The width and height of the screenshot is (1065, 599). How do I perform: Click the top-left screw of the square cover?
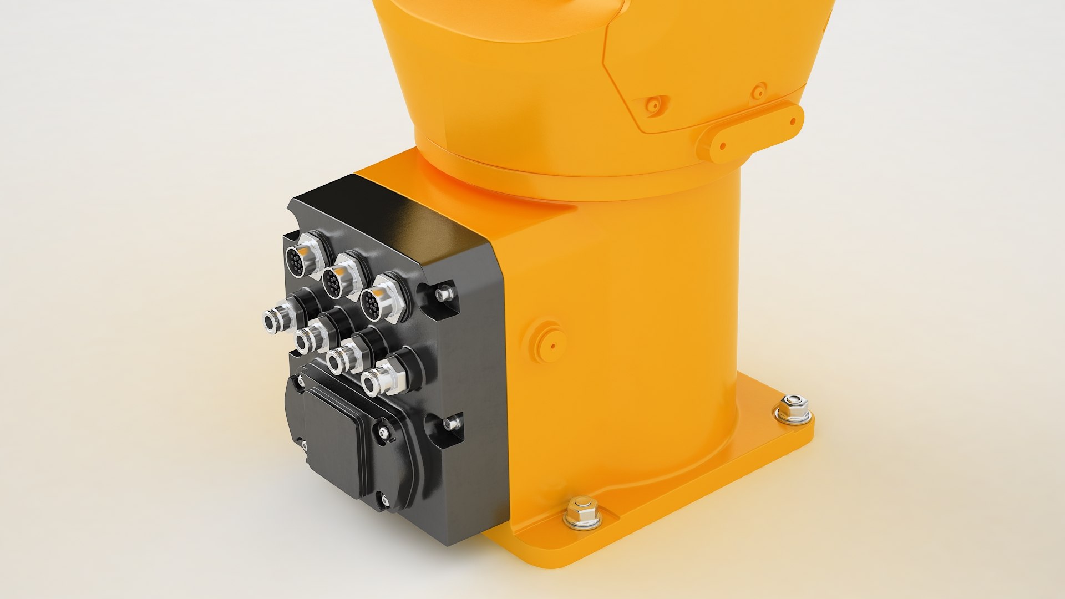301,381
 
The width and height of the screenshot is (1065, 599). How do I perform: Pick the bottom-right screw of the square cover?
385,501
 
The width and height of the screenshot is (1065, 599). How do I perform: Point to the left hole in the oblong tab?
723,146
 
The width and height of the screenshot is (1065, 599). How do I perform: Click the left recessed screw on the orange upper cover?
655,104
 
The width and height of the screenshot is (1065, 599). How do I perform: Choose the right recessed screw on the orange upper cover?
758,90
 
